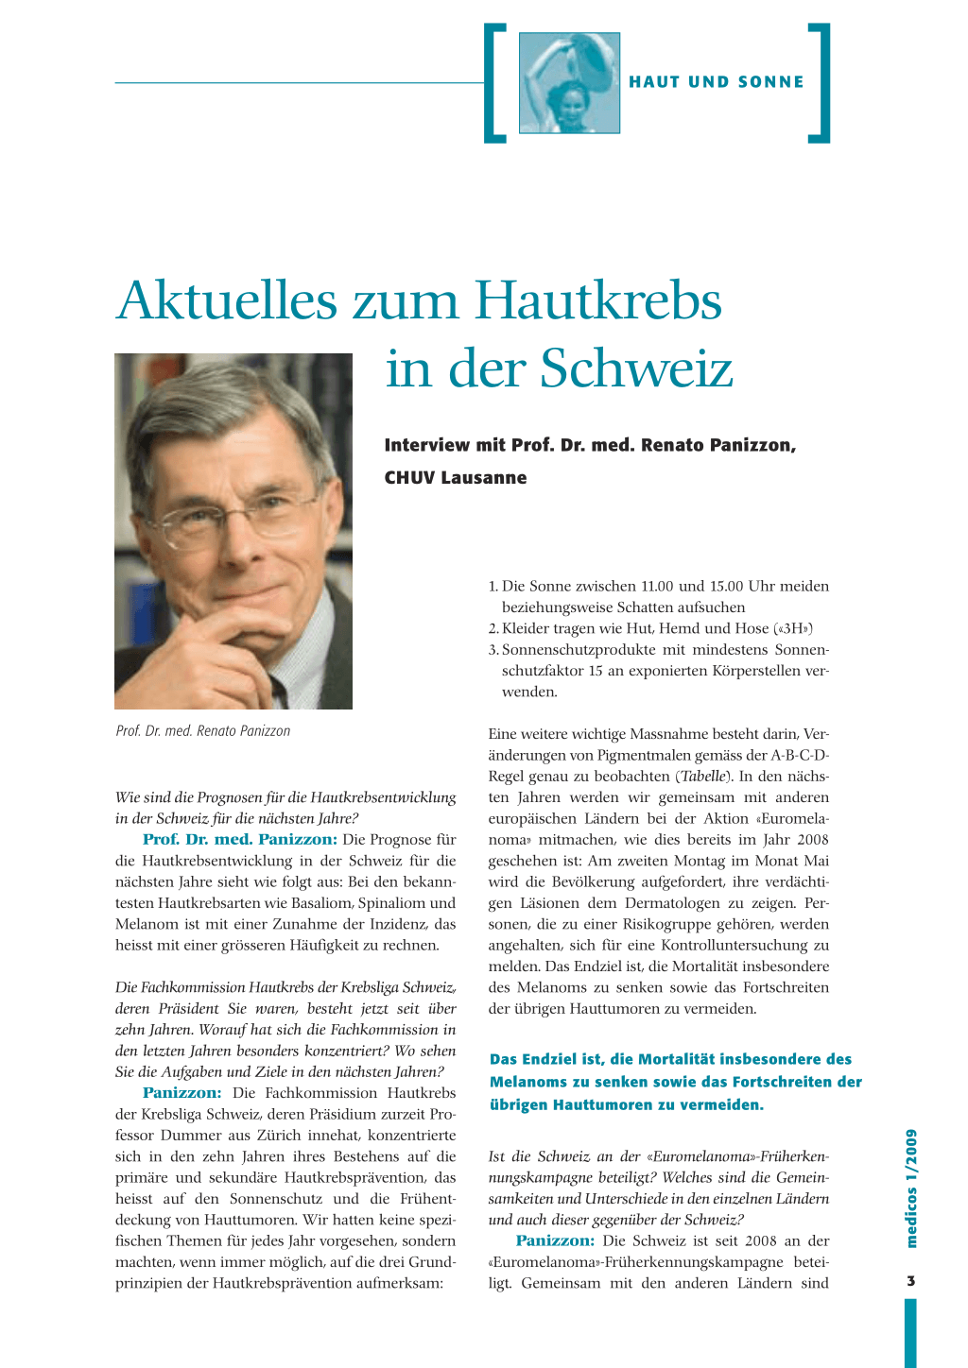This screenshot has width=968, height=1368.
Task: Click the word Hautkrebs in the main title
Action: (x=597, y=300)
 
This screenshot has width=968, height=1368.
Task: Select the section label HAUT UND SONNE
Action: (x=717, y=82)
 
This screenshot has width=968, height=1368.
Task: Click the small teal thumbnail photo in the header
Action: (x=569, y=83)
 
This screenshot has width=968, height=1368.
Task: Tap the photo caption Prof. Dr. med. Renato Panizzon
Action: (x=202, y=731)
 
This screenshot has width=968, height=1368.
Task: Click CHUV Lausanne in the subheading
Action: (x=455, y=478)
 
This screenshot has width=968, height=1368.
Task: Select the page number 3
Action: (x=910, y=1281)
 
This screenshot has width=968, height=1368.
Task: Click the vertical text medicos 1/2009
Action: (x=911, y=1188)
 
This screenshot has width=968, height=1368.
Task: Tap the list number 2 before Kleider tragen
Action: (x=493, y=629)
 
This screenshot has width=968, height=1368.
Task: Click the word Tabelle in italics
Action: (x=703, y=777)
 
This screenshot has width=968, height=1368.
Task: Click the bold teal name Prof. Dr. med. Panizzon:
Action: (x=239, y=839)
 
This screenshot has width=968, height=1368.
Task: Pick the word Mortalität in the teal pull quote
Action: (x=679, y=1059)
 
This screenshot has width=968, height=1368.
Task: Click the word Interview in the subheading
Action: (x=426, y=445)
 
